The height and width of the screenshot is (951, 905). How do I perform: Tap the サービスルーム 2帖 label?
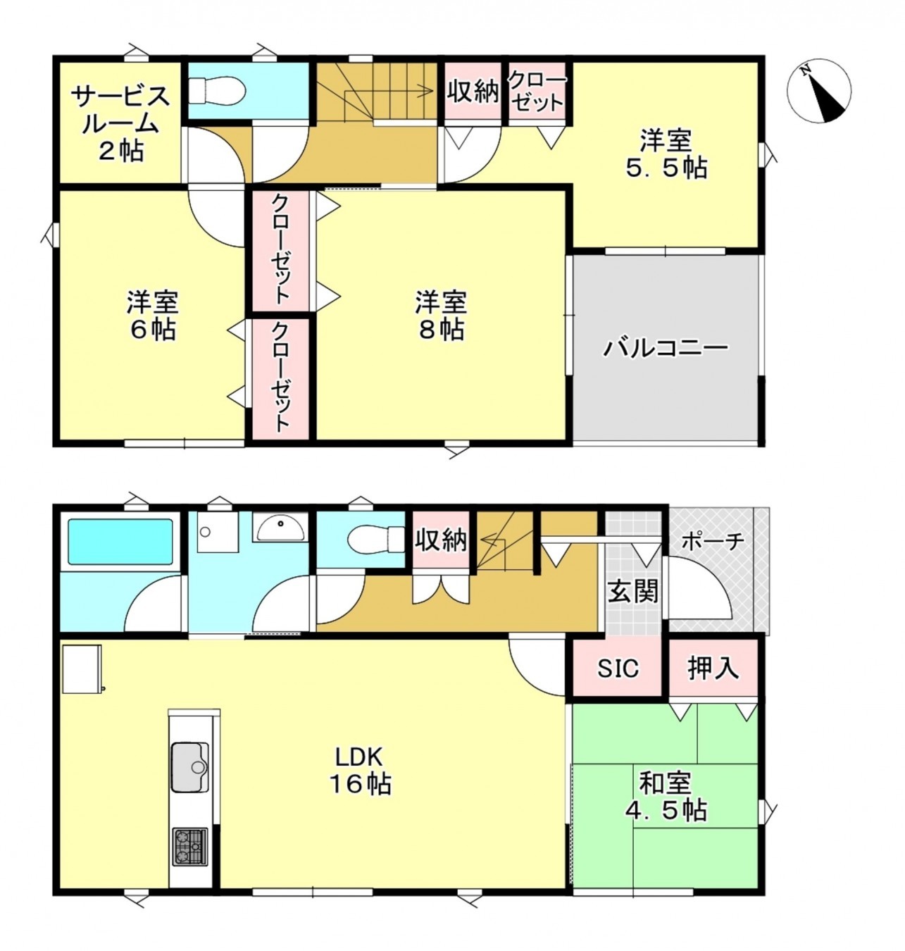(x=120, y=123)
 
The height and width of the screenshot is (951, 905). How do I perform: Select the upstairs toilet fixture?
(x=217, y=90)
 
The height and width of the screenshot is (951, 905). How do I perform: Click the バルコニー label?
(x=665, y=349)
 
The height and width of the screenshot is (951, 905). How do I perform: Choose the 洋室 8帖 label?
(x=441, y=316)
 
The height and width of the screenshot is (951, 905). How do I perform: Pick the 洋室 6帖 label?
(x=152, y=316)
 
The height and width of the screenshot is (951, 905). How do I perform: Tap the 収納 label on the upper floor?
(x=473, y=91)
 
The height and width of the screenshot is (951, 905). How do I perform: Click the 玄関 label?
(x=633, y=590)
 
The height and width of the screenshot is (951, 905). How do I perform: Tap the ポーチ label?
(x=713, y=541)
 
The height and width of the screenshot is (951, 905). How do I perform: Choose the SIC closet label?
(x=618, y=668)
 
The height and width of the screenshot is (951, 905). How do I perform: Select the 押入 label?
(x=713, y=668)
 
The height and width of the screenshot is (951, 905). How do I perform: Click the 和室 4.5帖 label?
(x=665, y=796)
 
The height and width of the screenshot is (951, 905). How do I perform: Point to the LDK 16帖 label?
(x=360, y=770)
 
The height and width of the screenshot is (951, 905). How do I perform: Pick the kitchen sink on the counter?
(x=189, y=766)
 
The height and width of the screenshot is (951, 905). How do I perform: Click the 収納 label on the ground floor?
(x=441, y=540)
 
